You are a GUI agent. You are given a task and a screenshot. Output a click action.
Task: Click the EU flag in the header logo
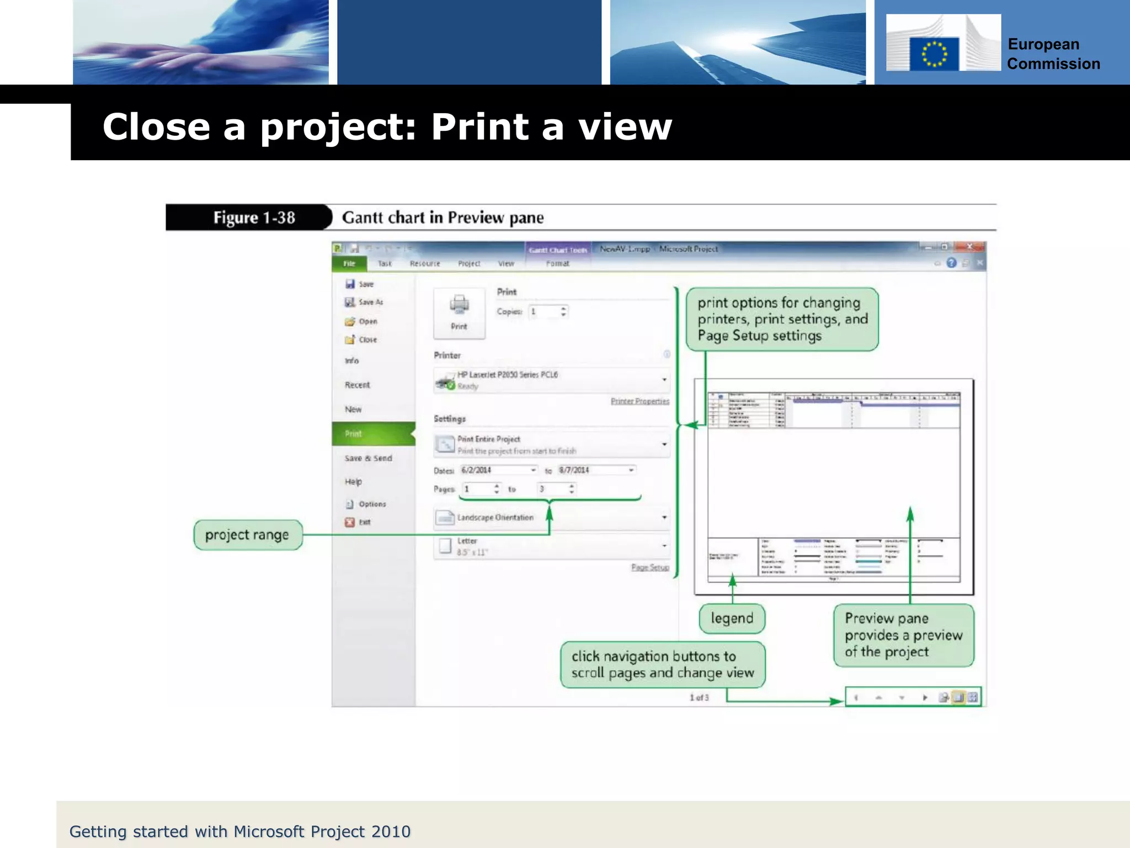[934, 54]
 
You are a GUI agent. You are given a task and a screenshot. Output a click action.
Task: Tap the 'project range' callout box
[248, 535]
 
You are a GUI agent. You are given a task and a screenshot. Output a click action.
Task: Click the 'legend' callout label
[732, 618]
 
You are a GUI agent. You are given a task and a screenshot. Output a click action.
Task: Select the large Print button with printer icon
[459, 312]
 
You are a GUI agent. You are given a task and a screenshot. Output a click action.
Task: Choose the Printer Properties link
[639, 401]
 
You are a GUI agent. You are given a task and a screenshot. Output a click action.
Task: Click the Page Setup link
[650, 568]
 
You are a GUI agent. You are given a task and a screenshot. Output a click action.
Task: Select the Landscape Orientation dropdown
[552, 518]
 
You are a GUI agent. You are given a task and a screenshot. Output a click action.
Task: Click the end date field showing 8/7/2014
[596, 470]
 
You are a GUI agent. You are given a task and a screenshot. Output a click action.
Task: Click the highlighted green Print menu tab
[373, 434]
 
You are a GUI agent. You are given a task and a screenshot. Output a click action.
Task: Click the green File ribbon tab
[349, 264]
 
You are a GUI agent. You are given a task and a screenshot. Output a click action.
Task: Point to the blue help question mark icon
[951, 263]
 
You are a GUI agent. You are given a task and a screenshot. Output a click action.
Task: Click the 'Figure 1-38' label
[254, 218]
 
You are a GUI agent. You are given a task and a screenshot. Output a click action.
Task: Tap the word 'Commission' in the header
[1053, 64]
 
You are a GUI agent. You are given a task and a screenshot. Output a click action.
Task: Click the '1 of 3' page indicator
[699, 698]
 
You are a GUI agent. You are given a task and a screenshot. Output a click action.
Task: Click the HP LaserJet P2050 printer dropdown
[552, 380]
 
